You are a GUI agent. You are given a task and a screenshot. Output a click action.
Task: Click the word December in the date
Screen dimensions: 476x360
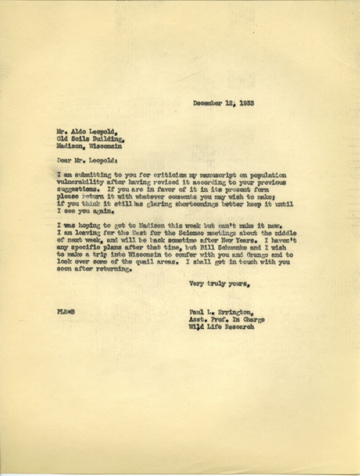coord(210,104)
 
